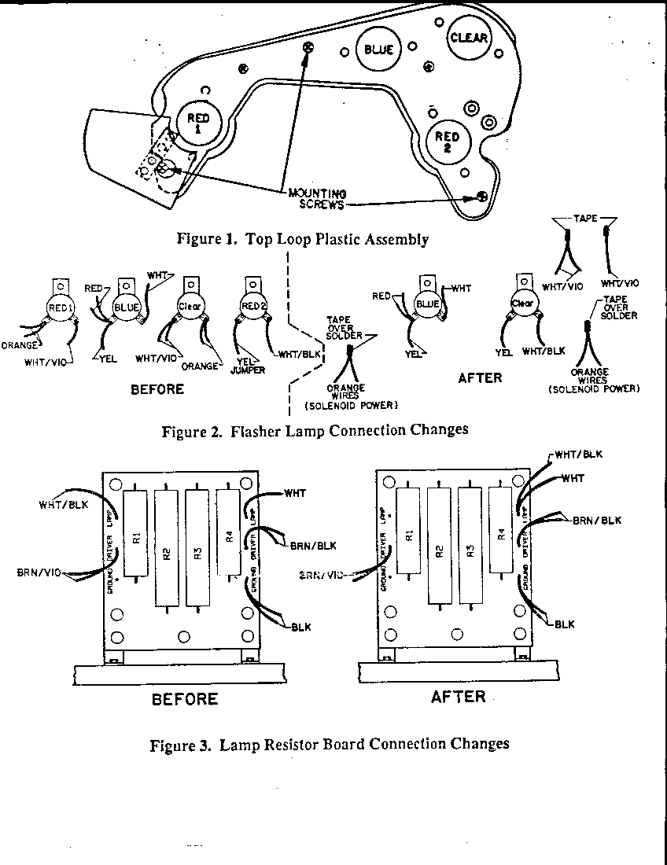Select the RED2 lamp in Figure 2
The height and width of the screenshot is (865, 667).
tap(252, 305)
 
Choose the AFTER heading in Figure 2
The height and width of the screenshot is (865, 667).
tap(480, 377)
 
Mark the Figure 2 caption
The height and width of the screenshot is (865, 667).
tap(315, 430)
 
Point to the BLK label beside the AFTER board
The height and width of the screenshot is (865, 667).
tap(564, 624)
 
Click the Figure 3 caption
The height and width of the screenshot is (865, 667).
tap(330, 743)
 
